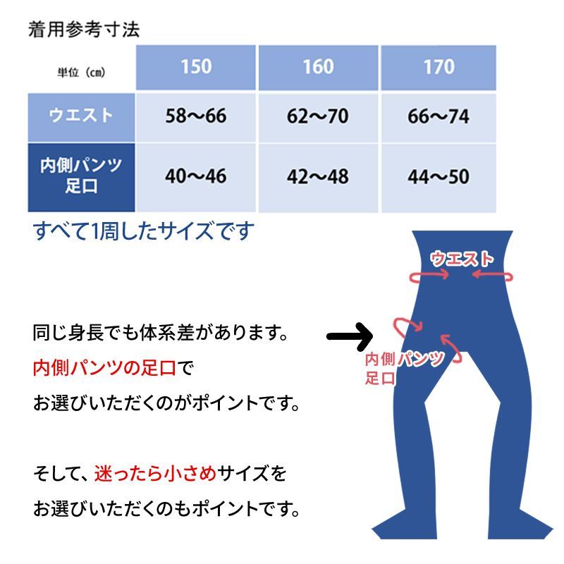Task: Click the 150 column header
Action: click(x=196, y=68)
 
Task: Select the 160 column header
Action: click(x=319, y=68)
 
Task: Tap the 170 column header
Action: click(x=439, y=68)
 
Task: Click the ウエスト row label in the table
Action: click(x=81, y=117)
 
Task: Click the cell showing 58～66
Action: click(x=196, y=117)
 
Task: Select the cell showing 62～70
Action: click(x=319, y=117)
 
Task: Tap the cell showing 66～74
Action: click(x=439, y=117)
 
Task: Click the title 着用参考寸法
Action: click(x=84, y=30)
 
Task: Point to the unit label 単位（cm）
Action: click(x=81, y=73)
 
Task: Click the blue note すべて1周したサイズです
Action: click(x=144, y=231)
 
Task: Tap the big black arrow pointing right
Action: click(x=350, y=336)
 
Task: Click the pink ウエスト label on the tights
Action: click(x=462, y=259)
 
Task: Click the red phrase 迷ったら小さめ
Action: click(x=155, y=473)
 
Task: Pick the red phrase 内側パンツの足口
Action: click(x=104, y=367)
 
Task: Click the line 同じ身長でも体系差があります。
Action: click(x=161, y=332)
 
